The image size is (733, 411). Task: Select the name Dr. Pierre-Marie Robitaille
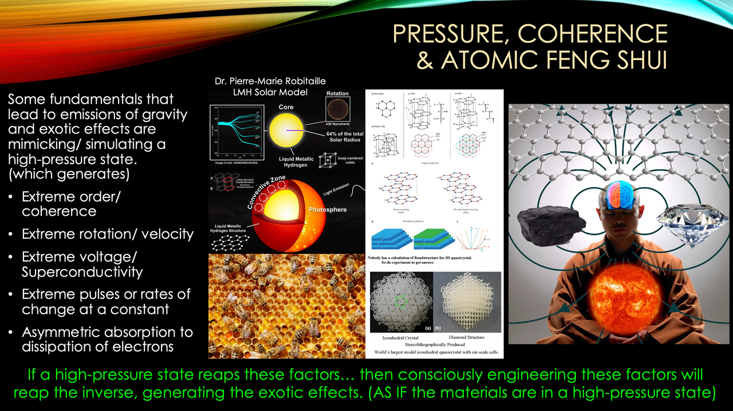(270, 82)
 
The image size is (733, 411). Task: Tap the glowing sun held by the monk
(627, 298)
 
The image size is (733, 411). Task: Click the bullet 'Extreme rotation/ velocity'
(108, 234)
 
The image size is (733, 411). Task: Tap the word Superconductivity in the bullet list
(82, 271)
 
